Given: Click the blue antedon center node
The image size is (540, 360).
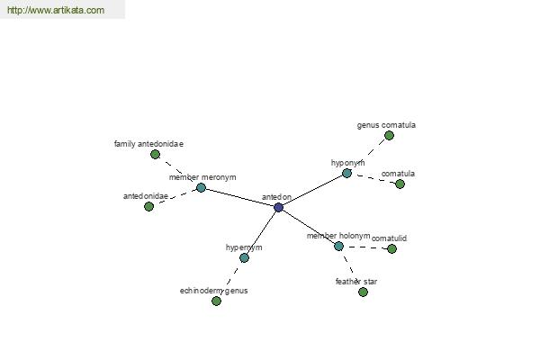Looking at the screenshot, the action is click(279, 207).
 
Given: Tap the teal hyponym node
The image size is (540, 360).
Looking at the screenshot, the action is click(346, 174).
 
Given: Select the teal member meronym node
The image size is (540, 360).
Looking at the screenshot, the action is click(201, 188).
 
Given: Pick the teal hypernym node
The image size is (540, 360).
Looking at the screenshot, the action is click(244, 257).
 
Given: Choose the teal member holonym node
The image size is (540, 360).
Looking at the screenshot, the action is click(339, 247).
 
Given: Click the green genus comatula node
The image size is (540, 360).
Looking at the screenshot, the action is click(389, 136).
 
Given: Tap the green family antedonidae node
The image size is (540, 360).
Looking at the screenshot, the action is click(156, 154).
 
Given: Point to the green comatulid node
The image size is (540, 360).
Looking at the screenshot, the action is click(391, 248).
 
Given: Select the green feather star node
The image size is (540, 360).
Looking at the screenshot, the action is click(363, 292).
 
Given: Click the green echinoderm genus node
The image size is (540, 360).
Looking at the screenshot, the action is click(216, 301).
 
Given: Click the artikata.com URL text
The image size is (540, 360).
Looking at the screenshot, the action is click(56, 10).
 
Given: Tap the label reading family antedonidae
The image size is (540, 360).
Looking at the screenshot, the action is click(148, 144).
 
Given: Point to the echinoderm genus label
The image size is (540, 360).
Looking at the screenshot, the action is click(214, 291).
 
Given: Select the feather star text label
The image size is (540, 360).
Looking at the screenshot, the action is click(356, 282).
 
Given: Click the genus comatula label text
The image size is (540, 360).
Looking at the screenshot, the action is click(386, 125).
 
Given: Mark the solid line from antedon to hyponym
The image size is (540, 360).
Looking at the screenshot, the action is click(312, 191).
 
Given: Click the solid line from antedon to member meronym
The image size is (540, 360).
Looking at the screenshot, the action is click(240, 198).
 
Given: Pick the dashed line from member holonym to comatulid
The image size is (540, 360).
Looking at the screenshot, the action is click(365, 247).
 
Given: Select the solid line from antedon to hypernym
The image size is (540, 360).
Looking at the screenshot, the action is click(261, 232).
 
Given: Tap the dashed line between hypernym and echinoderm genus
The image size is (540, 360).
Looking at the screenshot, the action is click(230, 279).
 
